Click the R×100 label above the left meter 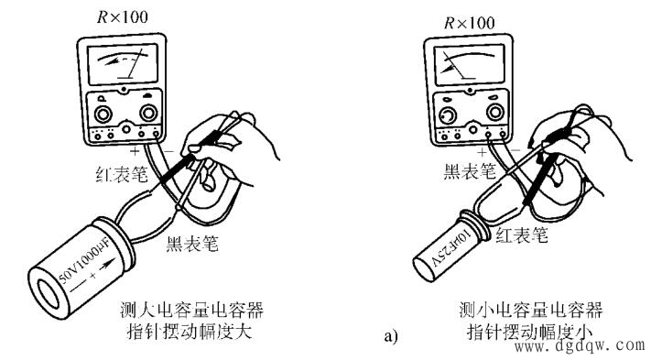click(122, 17)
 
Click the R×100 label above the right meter click(469, 22)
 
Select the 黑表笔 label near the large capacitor click(192, 244)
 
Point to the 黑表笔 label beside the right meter click(470, 171)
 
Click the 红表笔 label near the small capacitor click(522, 235)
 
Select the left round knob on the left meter click(103, 114)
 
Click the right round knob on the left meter click(148, 113)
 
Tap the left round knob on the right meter click(448, 115)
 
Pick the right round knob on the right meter click(495, 112)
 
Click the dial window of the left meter click(123, 64)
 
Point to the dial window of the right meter click(469, 66)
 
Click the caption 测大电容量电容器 click(191, 310)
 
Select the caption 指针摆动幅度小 click(530, 333)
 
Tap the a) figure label click(391, 335)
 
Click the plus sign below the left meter click(134, 151)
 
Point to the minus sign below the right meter click(515, 149)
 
